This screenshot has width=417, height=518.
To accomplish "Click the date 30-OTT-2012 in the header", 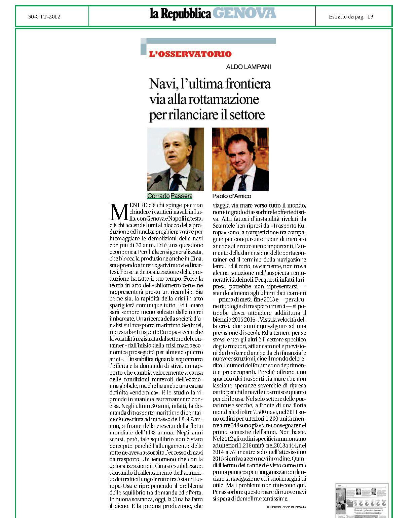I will pos(44,16).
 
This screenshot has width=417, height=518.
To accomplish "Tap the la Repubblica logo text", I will pos(181,14).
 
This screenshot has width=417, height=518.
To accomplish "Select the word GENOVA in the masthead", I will pos(244,13).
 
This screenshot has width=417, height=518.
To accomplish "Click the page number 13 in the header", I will pos(370,16).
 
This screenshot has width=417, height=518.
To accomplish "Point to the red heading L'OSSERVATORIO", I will pos(190,54).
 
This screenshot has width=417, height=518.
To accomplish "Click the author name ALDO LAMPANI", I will pos(248,67).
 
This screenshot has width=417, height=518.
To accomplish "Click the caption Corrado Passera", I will pos(170,196).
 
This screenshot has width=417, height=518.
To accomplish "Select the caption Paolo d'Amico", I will pos(231,196).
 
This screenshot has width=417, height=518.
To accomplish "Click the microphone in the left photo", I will pos(155,181).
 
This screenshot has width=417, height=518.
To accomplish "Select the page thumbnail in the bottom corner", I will pos(362,500).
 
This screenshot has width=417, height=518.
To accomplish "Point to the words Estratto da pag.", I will pos(346,16).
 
